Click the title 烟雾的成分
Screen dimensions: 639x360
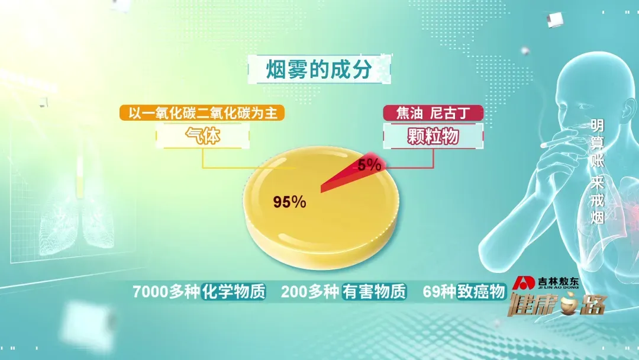point(319,69)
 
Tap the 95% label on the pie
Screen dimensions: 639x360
point(289,202)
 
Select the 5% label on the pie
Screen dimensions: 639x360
point(369,165)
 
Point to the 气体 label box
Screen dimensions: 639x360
point(202,136)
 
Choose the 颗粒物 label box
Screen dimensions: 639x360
point(433,136)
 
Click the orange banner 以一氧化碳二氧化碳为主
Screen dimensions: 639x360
point(202,113)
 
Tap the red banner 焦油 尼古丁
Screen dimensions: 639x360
point(433,113)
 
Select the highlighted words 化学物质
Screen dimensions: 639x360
point(234,291)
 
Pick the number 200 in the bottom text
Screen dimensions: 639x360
point(294,291)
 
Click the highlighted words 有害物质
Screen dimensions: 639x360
point(374,291)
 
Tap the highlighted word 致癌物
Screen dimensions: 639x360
point(481,291)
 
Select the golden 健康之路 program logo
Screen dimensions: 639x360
point(557,304)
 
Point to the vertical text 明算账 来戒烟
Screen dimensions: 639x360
point(598,172)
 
